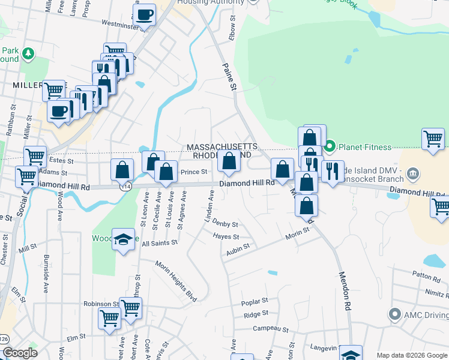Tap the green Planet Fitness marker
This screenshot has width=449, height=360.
click(x=330, y=146)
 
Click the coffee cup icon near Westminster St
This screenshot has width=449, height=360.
click(x=145, y=15)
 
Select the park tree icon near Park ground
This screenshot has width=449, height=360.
click(x=28, y=54)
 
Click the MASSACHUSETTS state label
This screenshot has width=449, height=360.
click(x=221, y=146)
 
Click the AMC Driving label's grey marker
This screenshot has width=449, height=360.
click(x=394, y=314)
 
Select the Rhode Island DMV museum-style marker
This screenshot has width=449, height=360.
click(x=412, y=174)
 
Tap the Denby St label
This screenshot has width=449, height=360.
click(x=225, y=224)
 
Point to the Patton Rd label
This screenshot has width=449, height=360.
click(x=426, y=277)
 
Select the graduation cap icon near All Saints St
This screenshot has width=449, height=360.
click(x=123, y=239)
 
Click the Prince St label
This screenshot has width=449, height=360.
click(x=193, y=172)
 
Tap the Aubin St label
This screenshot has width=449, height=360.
click(x=238, y=253)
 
